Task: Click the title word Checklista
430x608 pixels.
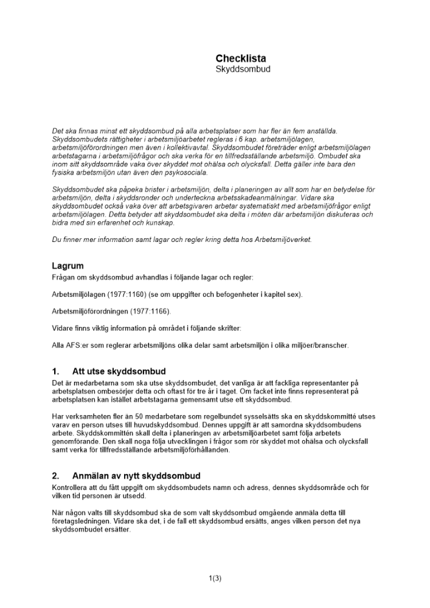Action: click(x=240, y=58)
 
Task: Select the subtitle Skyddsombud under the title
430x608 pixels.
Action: click(x=243, y=69)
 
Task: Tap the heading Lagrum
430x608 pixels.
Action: click(x=68, y=266)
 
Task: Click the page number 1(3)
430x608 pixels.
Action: click(x=215, y=578)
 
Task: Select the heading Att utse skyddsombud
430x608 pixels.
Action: click(x=119, y=371)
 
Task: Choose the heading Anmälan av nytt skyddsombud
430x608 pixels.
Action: click(x=136, y=475)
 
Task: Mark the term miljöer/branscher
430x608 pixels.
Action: click(x=317, y=345)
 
